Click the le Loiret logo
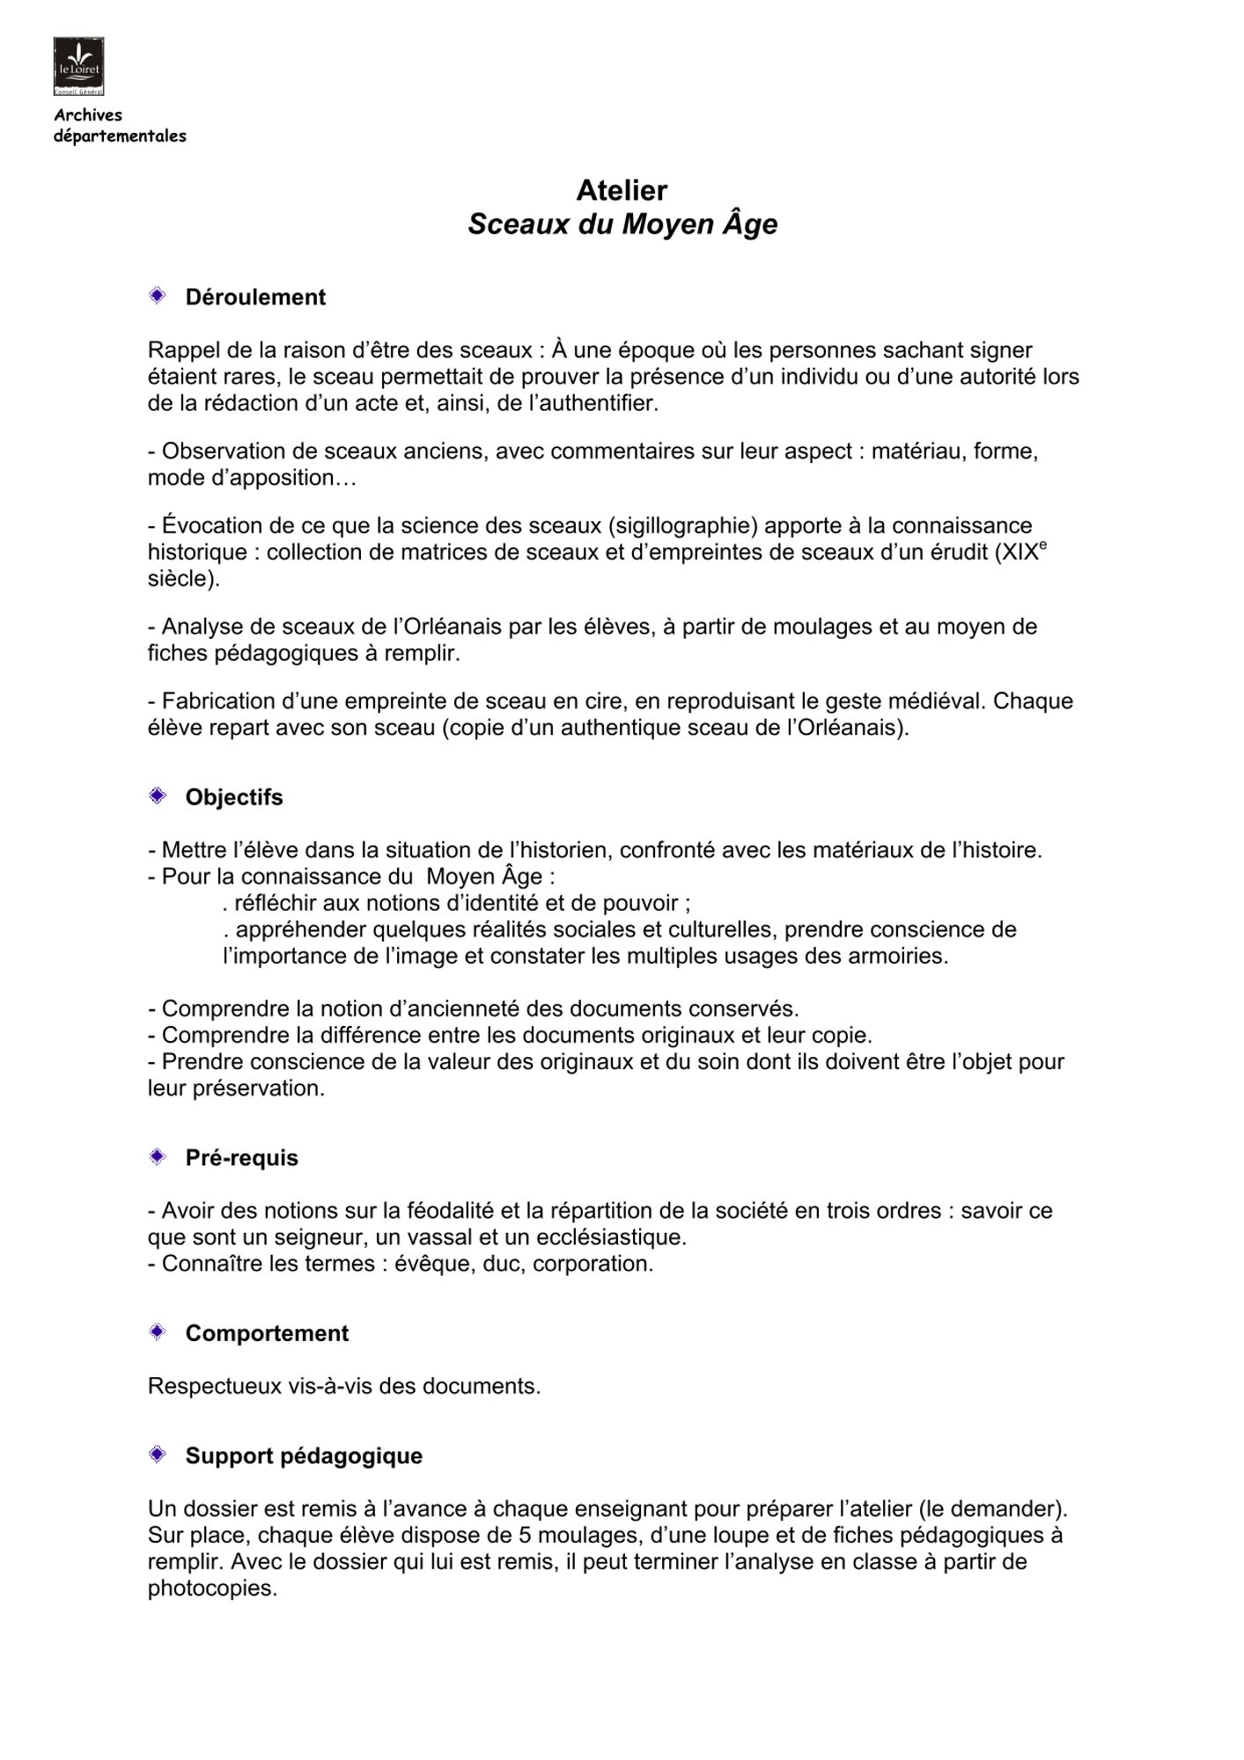(x=78, y=65)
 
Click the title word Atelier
(x=622, y=190)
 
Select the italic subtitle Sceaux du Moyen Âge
(x=622, y=224)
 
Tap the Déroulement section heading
(x=255, y=297)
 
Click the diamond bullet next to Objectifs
(x=158, y=796)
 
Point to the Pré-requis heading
(x=241, y=1157)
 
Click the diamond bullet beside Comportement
(x=158, y=1332)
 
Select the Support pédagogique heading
(x=304, y=1456)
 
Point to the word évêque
(x=432, y=1264)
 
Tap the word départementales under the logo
(x=120, y=136)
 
